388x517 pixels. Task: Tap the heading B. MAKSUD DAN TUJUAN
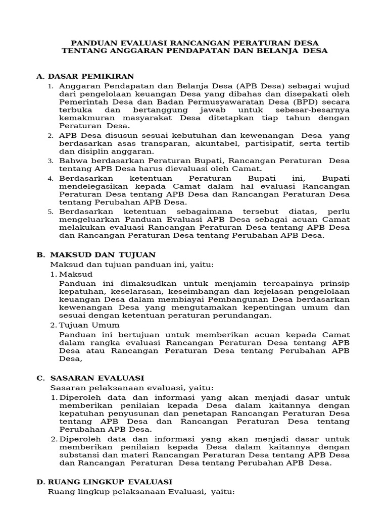(96, 254)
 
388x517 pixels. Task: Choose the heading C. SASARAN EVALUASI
(90, 378)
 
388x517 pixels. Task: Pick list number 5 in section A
(51, 212)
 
